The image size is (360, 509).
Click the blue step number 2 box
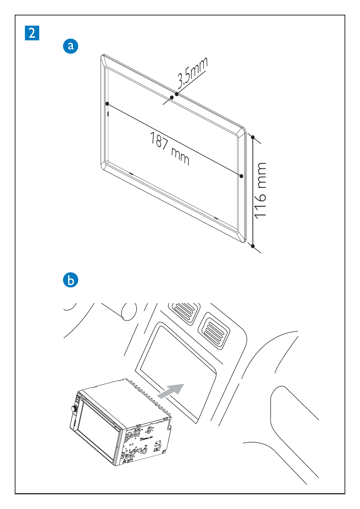[x=32, y=33]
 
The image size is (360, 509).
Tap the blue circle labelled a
[x=71, y=46]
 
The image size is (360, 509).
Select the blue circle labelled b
[x=71, y=280]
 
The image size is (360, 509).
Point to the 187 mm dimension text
[x=170, y=148]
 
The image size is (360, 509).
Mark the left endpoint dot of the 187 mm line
[x=107, y=104]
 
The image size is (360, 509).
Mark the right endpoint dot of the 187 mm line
[x=242, y=176]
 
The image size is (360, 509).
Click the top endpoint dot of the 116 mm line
[x=253, y=137]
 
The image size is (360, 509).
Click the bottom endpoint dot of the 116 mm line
[x=253, y=246]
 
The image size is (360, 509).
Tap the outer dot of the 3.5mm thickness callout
[x=177, y=94]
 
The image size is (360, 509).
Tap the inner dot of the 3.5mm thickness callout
[x=172, y=97]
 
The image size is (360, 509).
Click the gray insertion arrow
[x=171, y=391]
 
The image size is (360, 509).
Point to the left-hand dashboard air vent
[x=184, y=311]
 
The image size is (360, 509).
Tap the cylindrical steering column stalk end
[x=129, y=311]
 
